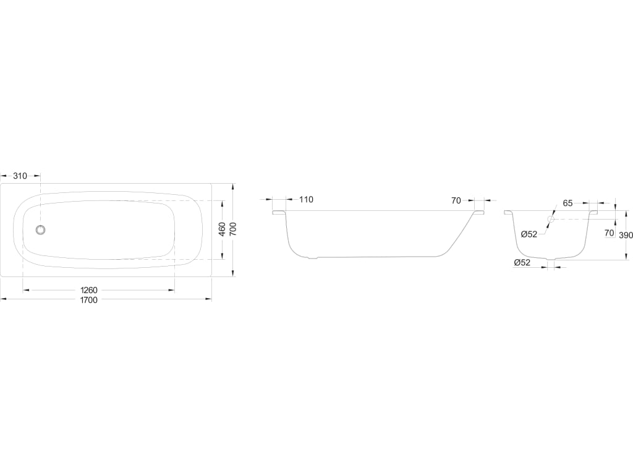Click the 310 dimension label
[x=20, y=176]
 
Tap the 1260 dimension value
[x=89, y=291]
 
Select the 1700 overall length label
[x=89, y=300]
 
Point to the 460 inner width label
[x=222, y=229]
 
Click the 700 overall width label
[x=233, y=229]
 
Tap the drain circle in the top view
[x=40, y=230]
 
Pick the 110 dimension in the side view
[x=307, y=200]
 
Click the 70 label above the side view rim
[x=456, y=201]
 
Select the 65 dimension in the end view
[x=567, y=203]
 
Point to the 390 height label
[x=626, y=235]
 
